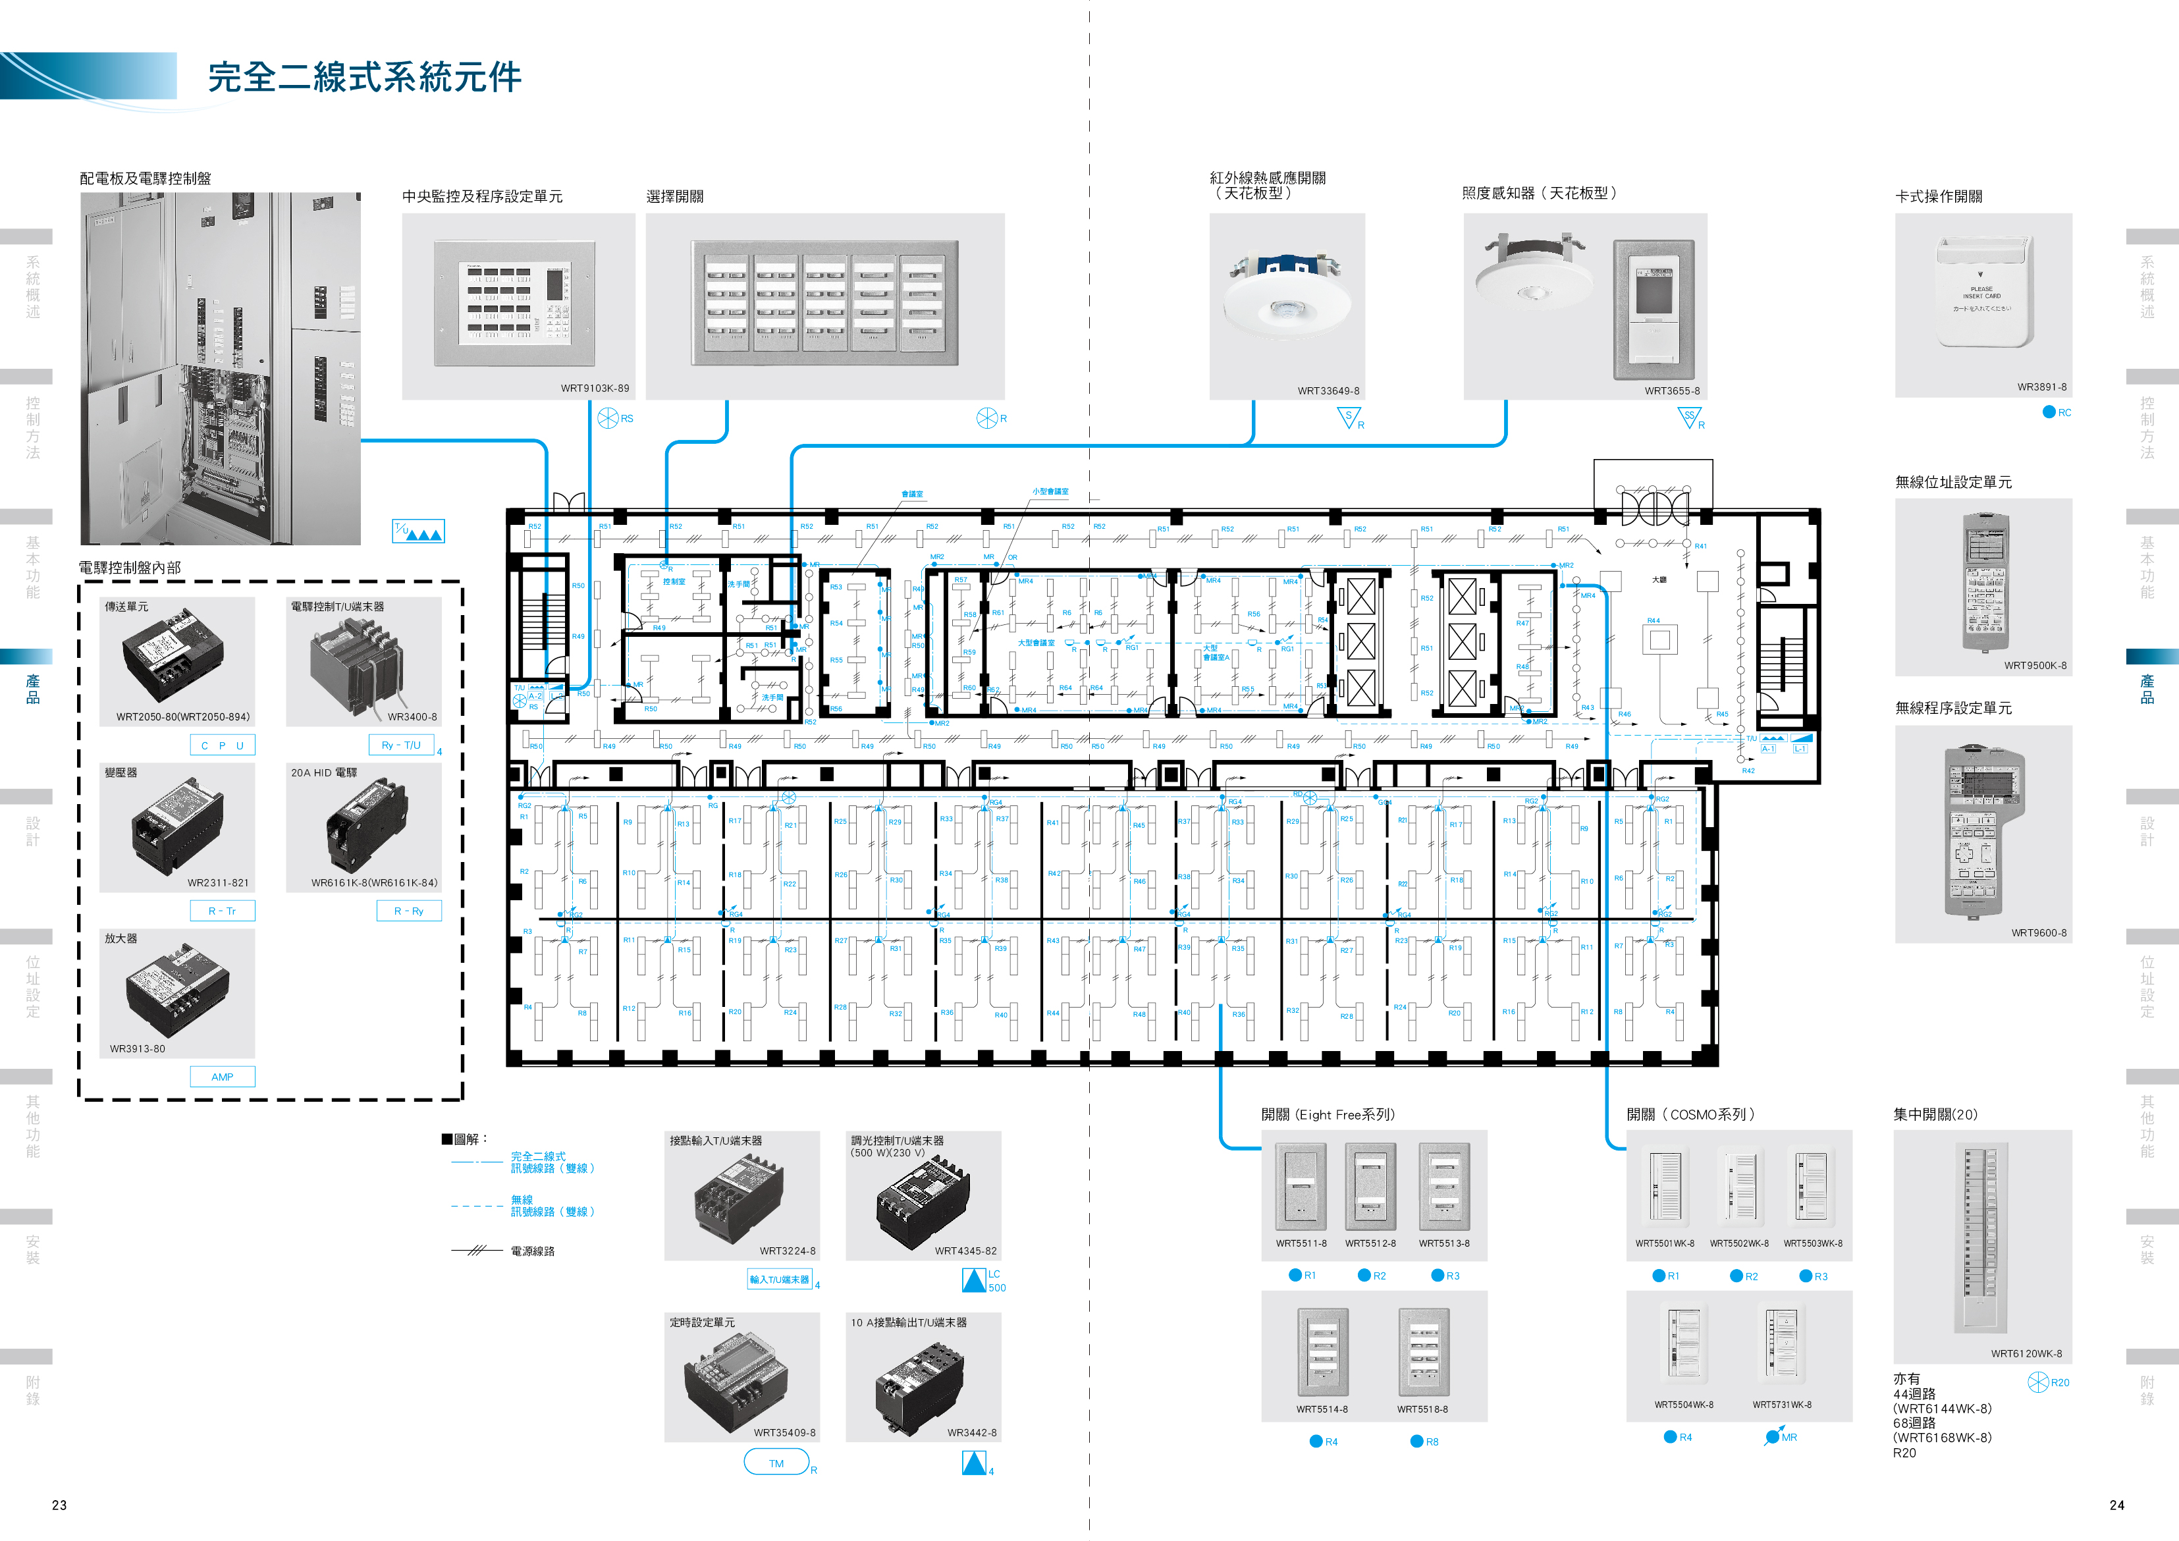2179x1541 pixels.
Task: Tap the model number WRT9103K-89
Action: point(594,388)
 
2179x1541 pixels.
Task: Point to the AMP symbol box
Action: point(222,1077)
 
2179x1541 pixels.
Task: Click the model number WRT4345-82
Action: point(965,1251)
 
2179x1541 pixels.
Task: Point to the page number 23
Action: point(59,1505)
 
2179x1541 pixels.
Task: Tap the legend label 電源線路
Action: point(533,1251)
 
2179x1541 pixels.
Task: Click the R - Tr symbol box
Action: point(222,911)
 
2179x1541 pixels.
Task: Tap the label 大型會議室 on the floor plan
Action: point(1036,642)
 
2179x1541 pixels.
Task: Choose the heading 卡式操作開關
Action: point(1938,196)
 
